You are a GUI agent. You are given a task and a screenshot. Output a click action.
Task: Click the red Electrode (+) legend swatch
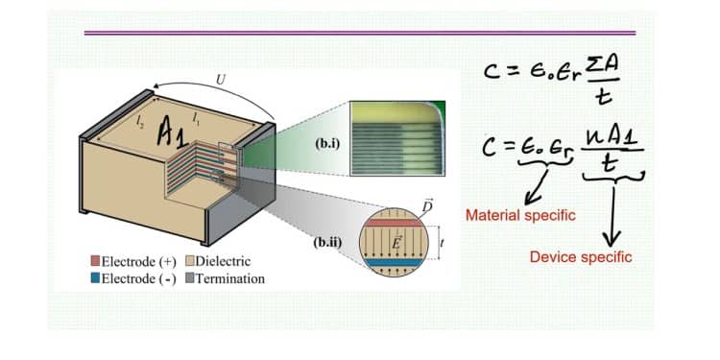[x=93, y=261]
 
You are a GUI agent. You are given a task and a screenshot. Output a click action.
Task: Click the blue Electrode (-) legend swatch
[x=93, y=278]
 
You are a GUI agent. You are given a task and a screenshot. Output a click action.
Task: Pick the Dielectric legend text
[x=225, y=261]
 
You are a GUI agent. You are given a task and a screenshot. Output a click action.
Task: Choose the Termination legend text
[x=230, y=278]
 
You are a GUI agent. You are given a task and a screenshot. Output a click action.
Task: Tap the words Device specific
[x=581, y=257]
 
